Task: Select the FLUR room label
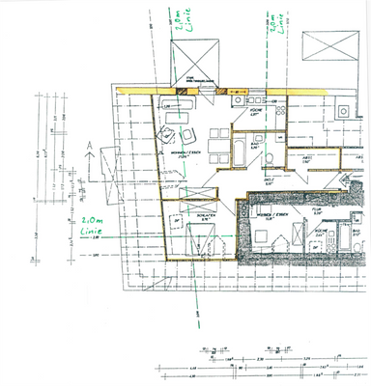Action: click(316, 207)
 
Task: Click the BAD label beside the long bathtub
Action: click(253, 137)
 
